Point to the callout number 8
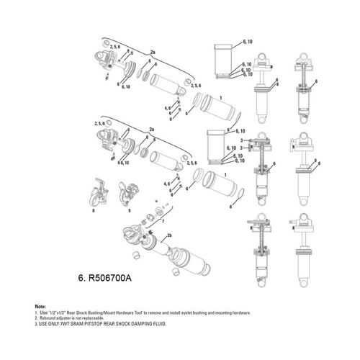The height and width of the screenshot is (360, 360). pyautogui.click(x=94, y=212)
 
